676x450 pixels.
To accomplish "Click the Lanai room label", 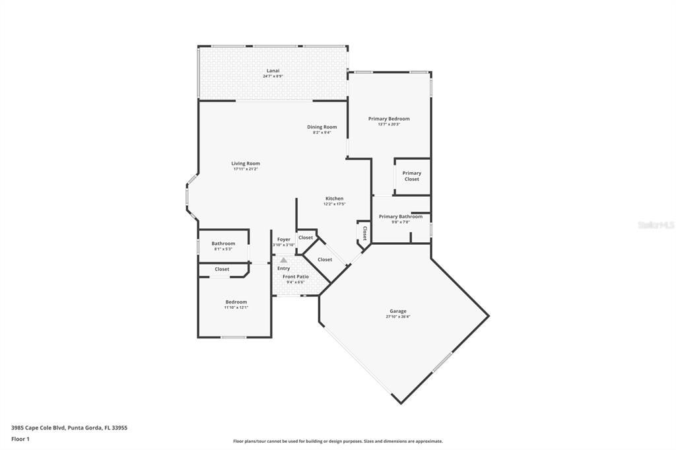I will (273, 71).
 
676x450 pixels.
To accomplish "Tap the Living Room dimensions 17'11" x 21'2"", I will (246, 169).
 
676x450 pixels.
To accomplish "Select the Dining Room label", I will (321, 127).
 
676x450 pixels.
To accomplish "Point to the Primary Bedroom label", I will (389, 119).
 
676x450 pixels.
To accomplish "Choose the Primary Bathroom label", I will (401, 216).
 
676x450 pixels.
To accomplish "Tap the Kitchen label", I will (334, 199).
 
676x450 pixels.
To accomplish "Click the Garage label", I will (397, 311).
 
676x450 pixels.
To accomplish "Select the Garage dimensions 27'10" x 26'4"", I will (397, 317).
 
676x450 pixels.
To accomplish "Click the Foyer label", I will (283, 240).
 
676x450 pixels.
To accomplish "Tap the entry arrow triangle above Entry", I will (283, 261).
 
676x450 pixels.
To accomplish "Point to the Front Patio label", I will (296, 276).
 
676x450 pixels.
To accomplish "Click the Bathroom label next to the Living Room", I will (223, 243).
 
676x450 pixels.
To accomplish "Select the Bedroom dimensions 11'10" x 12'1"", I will (236, 307).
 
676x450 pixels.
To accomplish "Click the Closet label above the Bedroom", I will (222, 269).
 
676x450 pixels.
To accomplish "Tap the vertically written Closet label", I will (364, 233).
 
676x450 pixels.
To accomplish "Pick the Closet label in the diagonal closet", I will (325, 259).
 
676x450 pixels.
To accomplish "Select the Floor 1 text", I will (20, 438).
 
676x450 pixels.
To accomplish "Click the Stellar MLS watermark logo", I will (656, 225).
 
